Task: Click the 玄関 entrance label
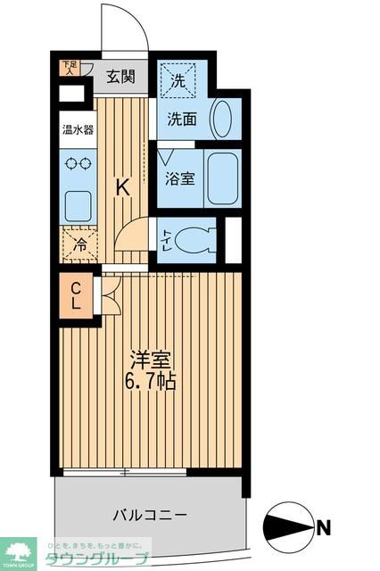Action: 121,77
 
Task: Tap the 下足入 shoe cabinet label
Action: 68,68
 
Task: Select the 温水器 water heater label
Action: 78,129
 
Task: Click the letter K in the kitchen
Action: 123,187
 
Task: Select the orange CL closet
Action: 77,295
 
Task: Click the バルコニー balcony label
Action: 149,515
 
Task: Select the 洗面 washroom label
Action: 183,119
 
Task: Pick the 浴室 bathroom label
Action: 179,177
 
